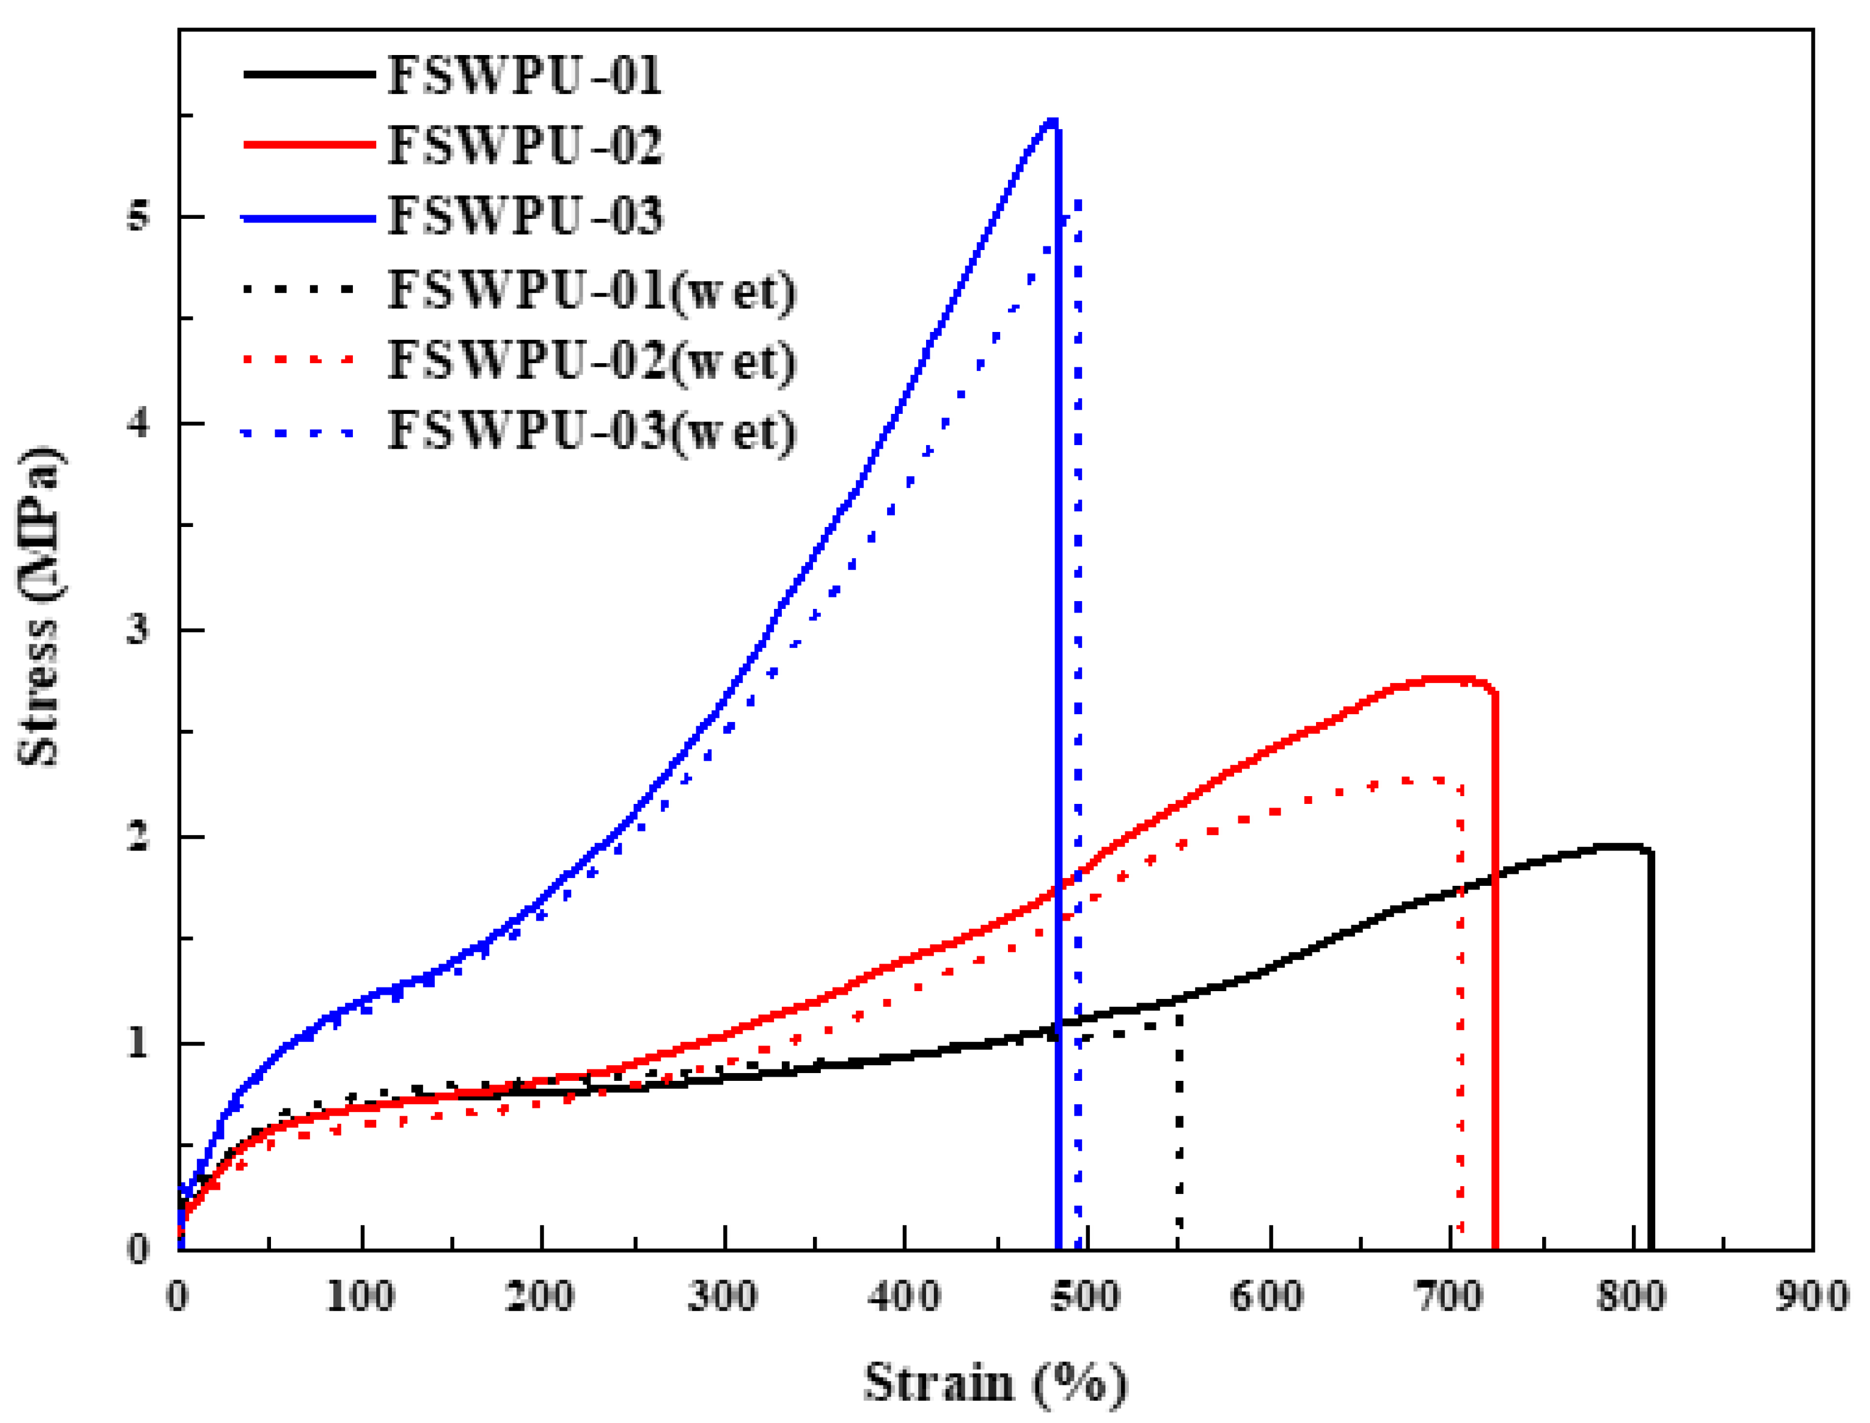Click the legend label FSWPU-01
525,75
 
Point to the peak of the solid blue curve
1052,122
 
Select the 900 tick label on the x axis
1813,1297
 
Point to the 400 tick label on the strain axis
904,1297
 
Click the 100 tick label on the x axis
361,1297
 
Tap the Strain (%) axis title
996,1382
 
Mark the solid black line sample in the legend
309,75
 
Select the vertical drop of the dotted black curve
1180,1126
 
